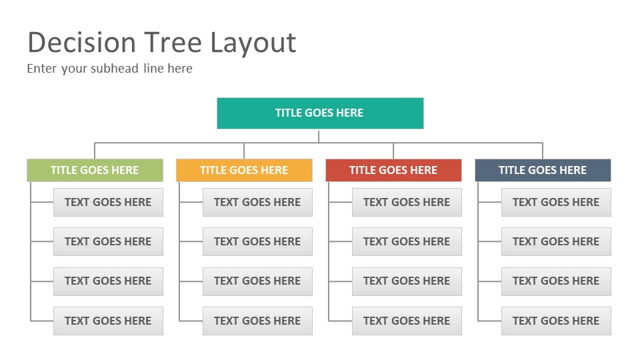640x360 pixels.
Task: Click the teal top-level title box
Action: (x=320, y=113)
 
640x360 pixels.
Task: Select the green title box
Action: (x=95, y=170)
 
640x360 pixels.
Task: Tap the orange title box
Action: (x=244, y=170)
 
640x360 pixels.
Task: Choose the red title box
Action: (x=393, y=170)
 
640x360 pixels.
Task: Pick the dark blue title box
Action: (x=543, y=170)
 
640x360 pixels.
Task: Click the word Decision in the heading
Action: (x=81, y=43)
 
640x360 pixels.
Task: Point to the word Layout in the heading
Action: (x=253, y=44)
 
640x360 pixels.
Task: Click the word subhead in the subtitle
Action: (x=115, y=68)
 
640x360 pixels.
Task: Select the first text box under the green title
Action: (x=108, y=202)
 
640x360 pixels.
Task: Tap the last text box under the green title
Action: (x=108, y=321)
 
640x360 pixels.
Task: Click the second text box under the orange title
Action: (x=257, y=241)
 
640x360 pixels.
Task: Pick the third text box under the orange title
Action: (x=257, y=281)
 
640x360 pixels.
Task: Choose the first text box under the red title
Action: (x=407, y=202)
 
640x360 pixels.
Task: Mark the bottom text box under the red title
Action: (x=407, y=321)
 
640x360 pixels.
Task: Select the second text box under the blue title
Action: (x=556, y=241)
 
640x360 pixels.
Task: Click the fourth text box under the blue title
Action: (x=556, y=321)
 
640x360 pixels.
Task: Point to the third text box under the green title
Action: (x=108, y=281)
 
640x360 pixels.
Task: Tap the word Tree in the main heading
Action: (x=173, y=43)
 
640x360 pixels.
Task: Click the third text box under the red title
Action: (x=407, y=281)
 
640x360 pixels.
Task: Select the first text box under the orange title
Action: (x=257, y=202)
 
